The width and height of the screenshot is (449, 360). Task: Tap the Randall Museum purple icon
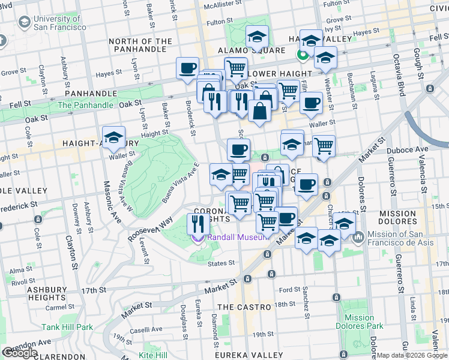point(197,238)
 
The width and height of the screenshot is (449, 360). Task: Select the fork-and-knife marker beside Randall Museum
point(197,224)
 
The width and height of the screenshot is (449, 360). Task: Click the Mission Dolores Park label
point(360,322)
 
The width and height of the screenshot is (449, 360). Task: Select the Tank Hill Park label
point(67,327)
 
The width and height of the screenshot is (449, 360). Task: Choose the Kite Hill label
point(154,355)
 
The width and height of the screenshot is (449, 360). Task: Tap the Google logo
point(20,353)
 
